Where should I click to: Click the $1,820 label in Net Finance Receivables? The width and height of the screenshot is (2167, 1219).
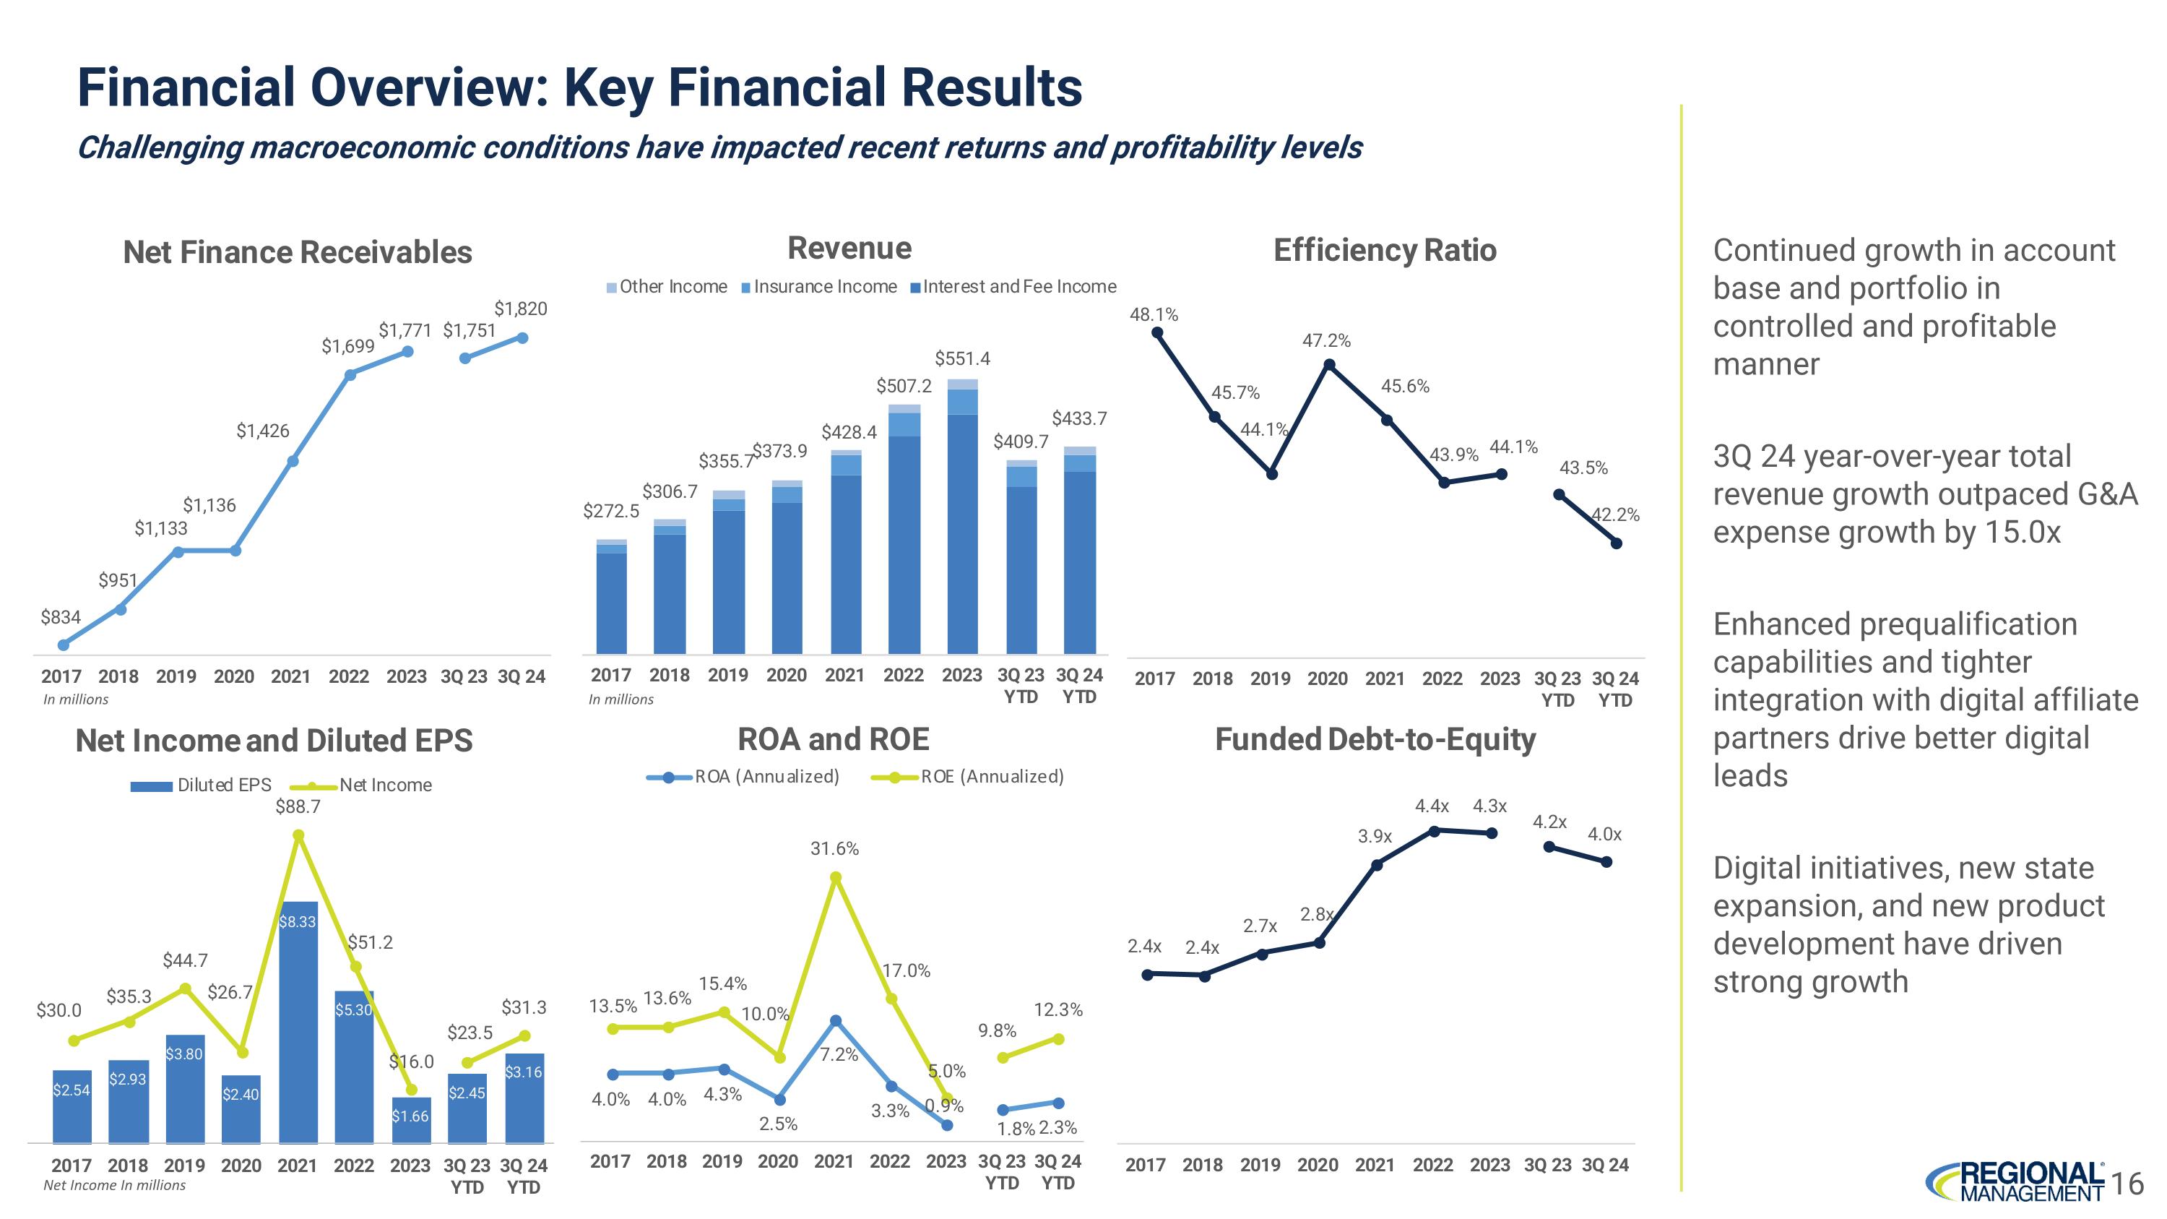pyautogui.click(x=520, y=309)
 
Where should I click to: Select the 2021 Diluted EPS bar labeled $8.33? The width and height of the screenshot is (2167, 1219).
pyautogui.click(x=298, y=1022)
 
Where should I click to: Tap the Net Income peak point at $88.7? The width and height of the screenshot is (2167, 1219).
pyautogui.click(x=298, y=835)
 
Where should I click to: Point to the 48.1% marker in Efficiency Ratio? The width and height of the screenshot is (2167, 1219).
pyautogui.click(x=1157, y=332)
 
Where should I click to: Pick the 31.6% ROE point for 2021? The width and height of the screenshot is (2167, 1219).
pyautogui.click(x=835, y=877)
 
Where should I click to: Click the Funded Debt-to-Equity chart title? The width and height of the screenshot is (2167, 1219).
pyautogui.click(x=1375, y=739)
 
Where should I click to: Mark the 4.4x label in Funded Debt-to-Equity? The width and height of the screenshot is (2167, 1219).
pyautogui.click(x=1432, y=806)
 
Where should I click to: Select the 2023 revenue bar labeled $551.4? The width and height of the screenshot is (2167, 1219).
pyautogui.click(x=962, y=517)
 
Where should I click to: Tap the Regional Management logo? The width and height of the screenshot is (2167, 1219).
pyautogui.click(x=2014, y=1182)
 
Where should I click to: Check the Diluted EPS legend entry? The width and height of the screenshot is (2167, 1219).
pyautogui.click(x=202, y=785)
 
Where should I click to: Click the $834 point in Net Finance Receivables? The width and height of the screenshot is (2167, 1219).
pyautogui.click(x=63, y=645)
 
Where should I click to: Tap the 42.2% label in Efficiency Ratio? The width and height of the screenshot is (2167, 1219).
pyautogui.click(x=1616, y=515)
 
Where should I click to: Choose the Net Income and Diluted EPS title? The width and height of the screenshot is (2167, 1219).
pyautogui.click(x=274, y=741)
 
